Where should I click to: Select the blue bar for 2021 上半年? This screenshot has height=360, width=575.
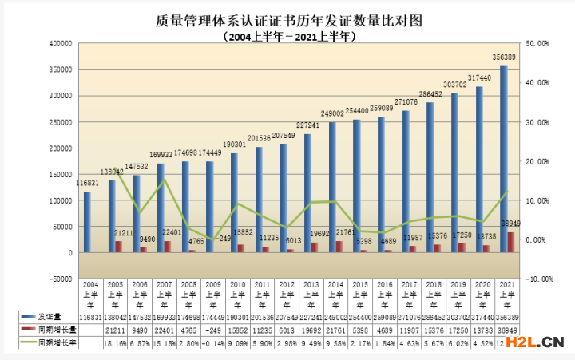pyautogui.click(x=504, y=160)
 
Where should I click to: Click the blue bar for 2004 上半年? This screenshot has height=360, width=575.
pyautogui.click(x=87, y=222)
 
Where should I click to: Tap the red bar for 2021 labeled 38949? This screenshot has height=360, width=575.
pyautogui.click(x=512, y=242)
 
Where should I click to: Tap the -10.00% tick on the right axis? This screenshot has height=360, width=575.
pyautogui.click(x=533, y=279)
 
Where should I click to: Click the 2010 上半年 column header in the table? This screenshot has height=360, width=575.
pyautogui.click(x=236, y=294)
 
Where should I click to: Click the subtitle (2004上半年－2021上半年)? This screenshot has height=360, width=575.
pyautogui.click(x=288, y=37)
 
